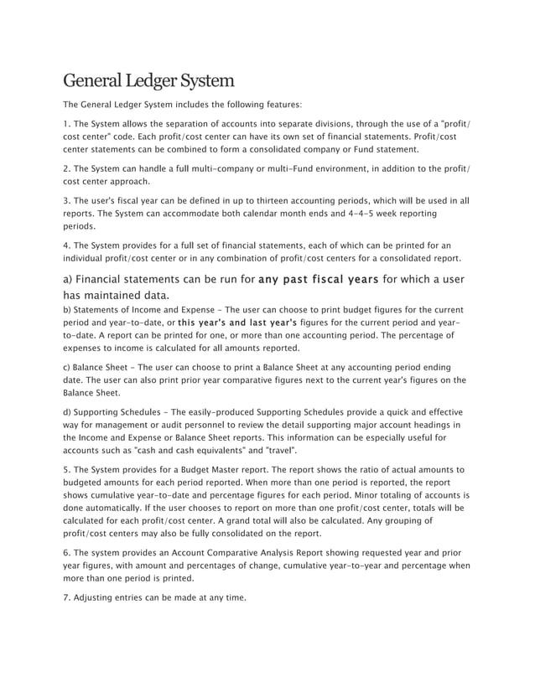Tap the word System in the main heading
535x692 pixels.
coord(202,81)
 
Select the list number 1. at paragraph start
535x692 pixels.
coord(68,124)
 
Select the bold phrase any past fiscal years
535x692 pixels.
coord(319,279)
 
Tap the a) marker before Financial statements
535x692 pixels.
coord(70,279)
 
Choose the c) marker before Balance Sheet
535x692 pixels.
coord(68,367)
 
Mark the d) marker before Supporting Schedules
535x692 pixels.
coord(68,412)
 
